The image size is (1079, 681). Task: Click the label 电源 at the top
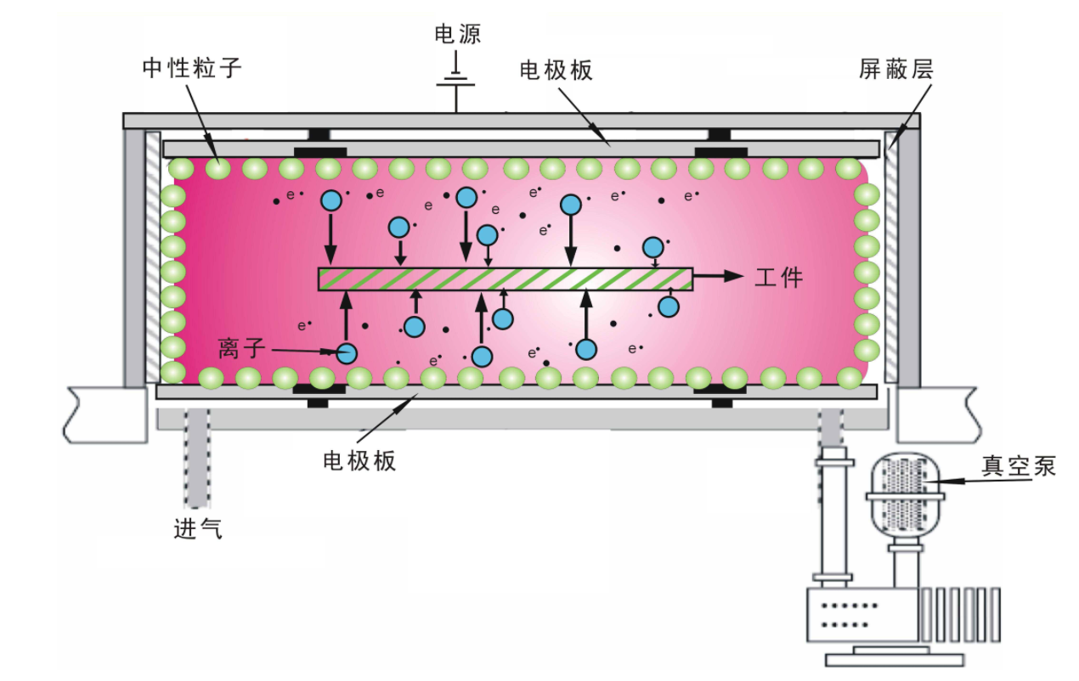[457, 35]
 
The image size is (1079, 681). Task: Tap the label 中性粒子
[191, 68]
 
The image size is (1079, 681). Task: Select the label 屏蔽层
[895, 70]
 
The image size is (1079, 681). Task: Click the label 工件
[778, 278]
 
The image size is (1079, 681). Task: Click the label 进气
[198, 529]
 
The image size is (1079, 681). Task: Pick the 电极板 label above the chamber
[556, 70]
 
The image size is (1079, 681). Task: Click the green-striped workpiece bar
[505, 279]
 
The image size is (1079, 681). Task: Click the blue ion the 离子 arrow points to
[346, 353]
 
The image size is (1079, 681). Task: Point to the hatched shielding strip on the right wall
[890, 255]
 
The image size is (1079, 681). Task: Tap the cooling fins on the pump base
[969, 613]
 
